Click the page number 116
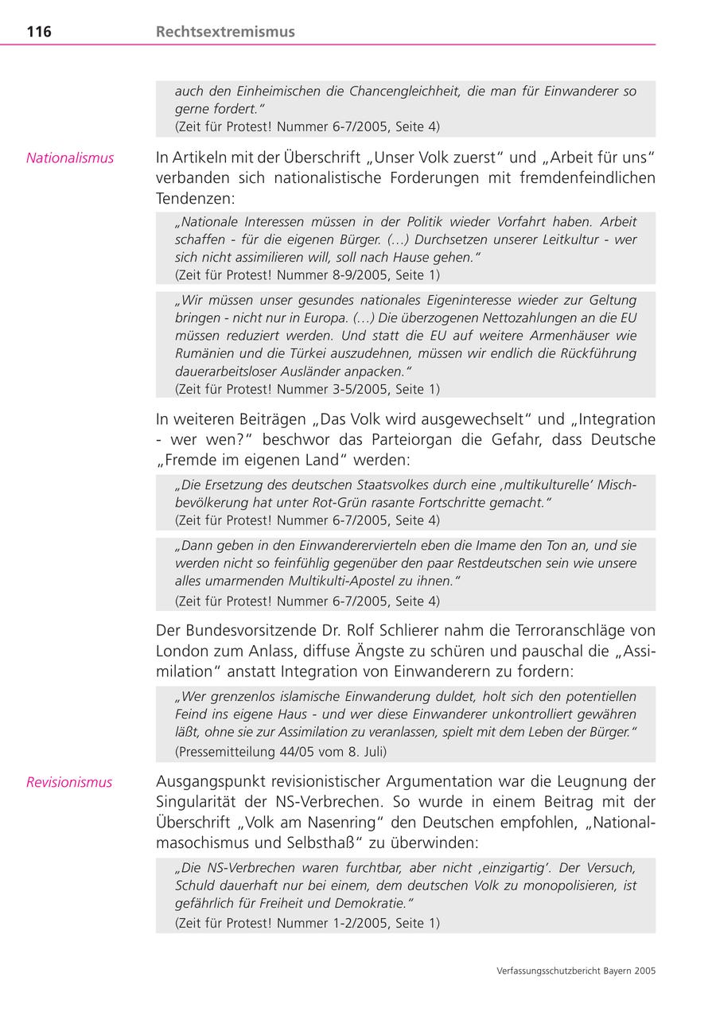39,32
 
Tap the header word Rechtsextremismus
225,32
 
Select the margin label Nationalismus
70,158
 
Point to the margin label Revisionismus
69,782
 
